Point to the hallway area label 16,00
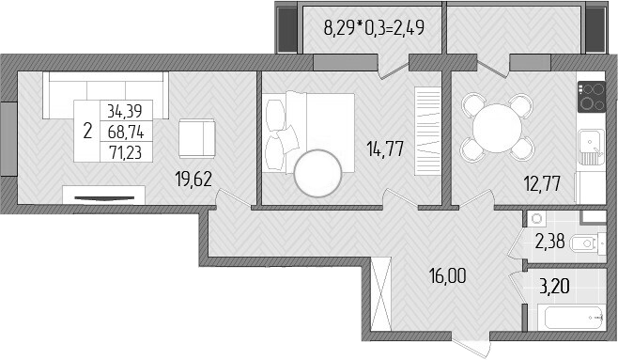(447, 277)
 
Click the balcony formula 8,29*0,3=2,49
(374, 26)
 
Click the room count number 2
(87, 132)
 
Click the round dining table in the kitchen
(495, 129)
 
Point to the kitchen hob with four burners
(591, 95)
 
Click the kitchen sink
(590, 146)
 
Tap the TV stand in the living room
(104, 195)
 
